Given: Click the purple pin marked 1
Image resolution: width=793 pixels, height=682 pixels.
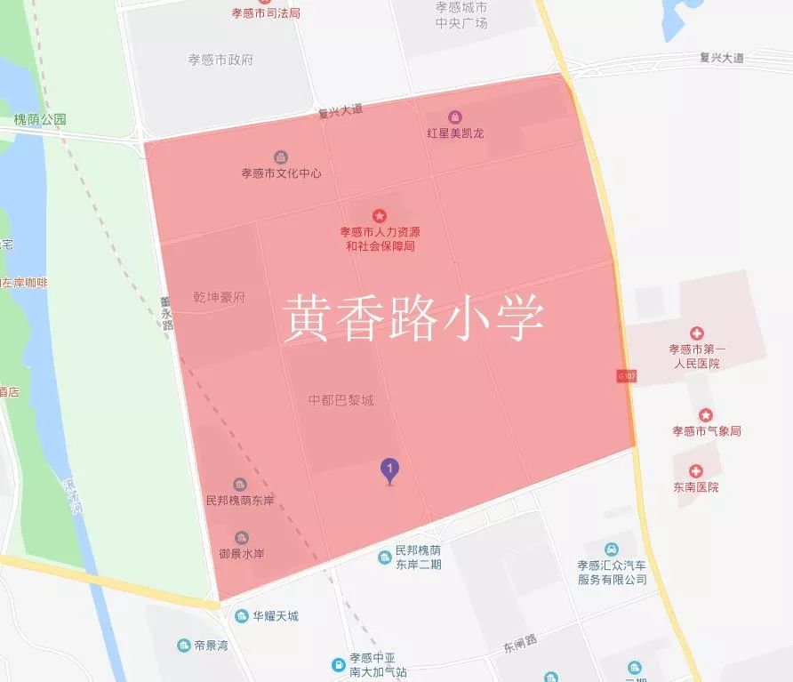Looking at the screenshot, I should click(388, 469).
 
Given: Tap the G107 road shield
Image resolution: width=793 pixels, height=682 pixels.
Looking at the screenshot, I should click(624, 376).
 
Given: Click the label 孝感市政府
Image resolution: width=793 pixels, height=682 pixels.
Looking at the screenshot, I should click(220, 60).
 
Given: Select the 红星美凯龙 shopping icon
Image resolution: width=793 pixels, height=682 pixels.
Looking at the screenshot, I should click(455, 117).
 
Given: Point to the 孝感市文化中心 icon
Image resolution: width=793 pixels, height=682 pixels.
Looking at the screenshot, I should click(281, 157).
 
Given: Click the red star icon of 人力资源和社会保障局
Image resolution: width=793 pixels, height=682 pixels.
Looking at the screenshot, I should click(380, 215).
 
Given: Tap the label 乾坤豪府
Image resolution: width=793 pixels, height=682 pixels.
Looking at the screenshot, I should click(219, 296).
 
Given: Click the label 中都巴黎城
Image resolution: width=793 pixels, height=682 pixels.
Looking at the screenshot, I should click(340, 400).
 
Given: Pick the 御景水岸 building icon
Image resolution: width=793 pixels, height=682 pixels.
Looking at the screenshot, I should click(240, 538).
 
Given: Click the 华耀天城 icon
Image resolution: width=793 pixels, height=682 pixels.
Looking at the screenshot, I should click(241, 615).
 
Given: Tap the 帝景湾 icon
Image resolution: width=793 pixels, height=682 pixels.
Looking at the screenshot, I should click(183, 645).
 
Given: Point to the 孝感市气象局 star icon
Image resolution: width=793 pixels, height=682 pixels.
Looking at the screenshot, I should click(705, 415).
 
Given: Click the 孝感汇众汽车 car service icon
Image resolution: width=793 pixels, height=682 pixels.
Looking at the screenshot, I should click(612, 549).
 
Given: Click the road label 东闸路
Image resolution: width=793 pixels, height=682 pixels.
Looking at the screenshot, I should click(520, 641).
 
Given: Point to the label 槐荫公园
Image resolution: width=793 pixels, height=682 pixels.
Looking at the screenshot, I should click(40, 119).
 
